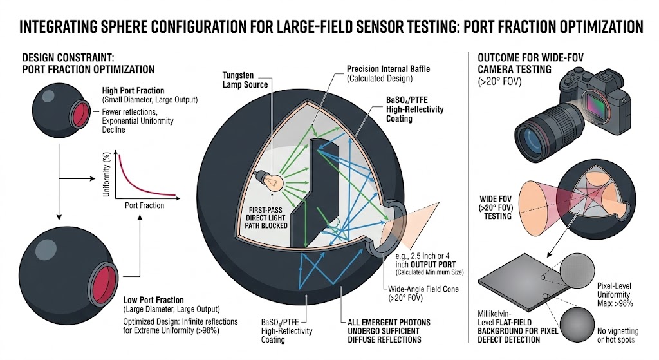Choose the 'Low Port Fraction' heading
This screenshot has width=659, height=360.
click(x=153, y=300)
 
